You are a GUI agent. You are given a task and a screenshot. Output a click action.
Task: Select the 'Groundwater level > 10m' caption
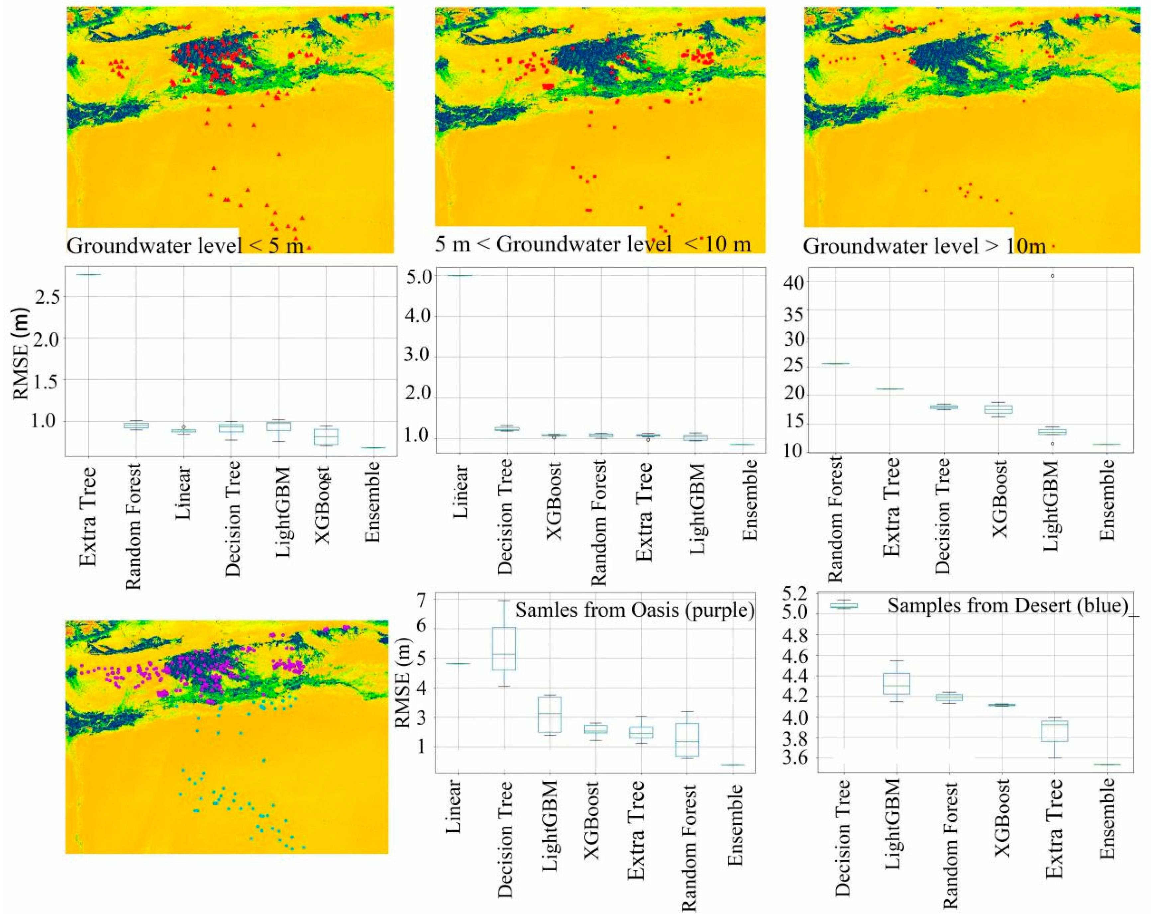pyautogui.click(x=924, y=246)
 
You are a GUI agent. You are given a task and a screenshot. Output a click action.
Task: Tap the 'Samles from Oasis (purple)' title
pyautogui.click(x=634, y=609)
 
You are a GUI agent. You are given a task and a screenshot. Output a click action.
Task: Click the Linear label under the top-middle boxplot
pyautogui.click(x=460, y=492)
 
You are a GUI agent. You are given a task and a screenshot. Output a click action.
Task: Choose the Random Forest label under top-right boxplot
pyautogui.click(x=834, y=518)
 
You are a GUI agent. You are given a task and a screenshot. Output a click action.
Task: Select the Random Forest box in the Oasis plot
pyautogui.click(x=687, y=739)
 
